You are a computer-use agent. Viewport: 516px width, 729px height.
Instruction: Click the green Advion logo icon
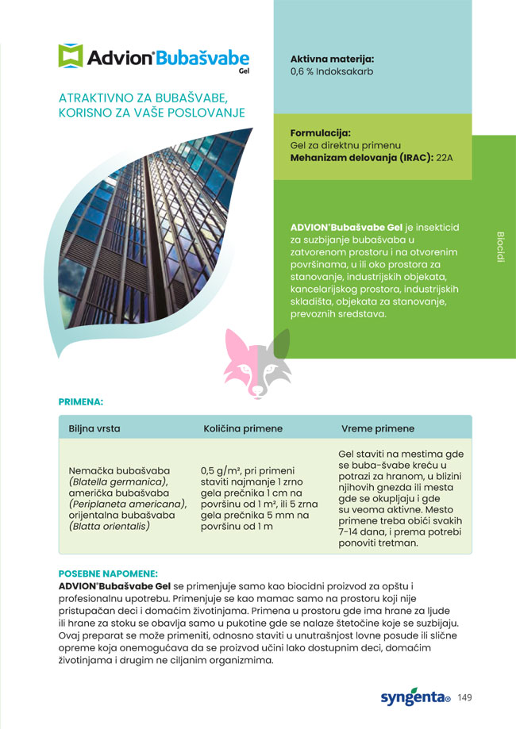click(70, 56)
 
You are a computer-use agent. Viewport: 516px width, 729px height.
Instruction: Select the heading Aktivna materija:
click(332, 59)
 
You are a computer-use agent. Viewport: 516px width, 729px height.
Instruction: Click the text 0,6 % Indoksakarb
click(332, 71)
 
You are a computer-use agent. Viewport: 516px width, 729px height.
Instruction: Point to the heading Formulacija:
click(321, 132)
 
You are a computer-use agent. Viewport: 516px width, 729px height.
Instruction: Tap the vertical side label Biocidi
click(500, 247)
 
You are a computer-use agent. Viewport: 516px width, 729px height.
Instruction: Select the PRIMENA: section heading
click(81, 402)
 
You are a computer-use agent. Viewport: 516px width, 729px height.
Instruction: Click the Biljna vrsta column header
click(94, 428)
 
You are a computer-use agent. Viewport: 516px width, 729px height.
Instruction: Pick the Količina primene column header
click(243, 428)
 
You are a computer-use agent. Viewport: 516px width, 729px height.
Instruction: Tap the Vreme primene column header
click(378, 428)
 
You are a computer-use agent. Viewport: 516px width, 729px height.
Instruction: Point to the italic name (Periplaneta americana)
click(128, 503)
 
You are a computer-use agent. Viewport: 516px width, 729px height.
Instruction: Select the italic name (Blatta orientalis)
click(110, 525)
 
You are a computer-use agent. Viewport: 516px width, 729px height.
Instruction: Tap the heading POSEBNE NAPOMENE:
click(108, 573)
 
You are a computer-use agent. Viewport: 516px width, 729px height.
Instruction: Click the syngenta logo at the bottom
click(414, 696)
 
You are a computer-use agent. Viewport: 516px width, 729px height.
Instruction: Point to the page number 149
click(465, 697)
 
